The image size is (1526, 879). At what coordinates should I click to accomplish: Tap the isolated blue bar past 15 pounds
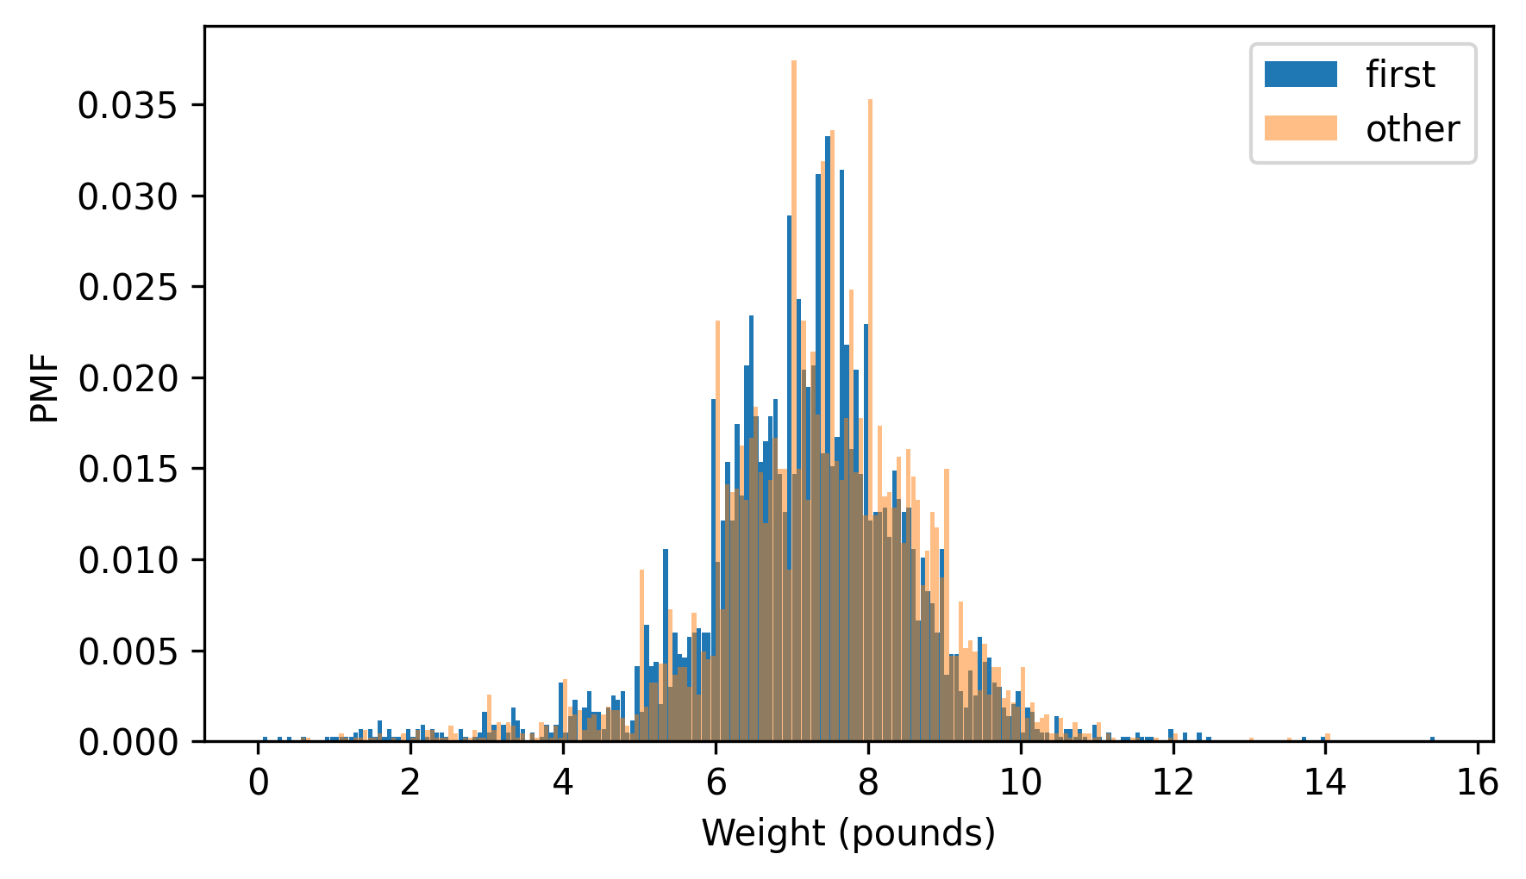tap(1432, 739)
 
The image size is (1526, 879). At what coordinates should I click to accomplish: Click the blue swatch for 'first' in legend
tap(1300, 74)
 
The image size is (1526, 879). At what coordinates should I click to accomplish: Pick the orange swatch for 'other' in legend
tap(1300, 128)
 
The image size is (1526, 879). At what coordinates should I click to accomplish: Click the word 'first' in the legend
tap(1400, 75)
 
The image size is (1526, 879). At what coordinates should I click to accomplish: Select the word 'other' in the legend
tap(1412, 129)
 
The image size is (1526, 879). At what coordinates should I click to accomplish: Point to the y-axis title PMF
tap(45, 389)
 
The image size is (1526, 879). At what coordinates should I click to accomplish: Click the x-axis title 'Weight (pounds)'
tap(848, 833)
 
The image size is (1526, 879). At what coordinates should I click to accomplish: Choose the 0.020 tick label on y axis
tap(128, 378)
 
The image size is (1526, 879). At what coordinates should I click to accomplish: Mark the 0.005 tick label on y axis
tap(128, 651)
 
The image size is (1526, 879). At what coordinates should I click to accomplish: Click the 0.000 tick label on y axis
tap(128, 742)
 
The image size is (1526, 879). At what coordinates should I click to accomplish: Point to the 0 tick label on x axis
tap(258, 782)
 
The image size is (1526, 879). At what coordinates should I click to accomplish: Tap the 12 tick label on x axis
tap(1173, 782)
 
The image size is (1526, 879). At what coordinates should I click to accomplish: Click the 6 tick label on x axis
tap(716, 782)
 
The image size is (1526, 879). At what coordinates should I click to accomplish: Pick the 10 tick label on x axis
tap(1021, 782)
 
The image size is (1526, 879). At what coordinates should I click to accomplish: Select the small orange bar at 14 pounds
tap(1327, 737)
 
